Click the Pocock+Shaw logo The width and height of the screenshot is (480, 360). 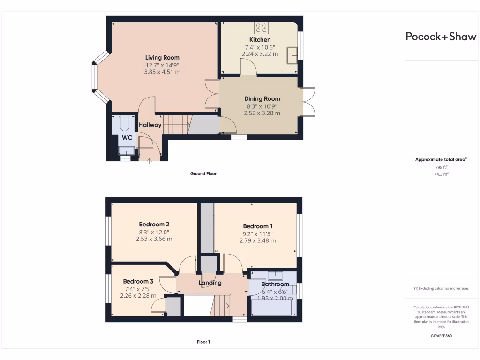441,37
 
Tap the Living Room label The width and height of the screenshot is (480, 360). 162,58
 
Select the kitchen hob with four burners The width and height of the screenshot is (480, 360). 261,27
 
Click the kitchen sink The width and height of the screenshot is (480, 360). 294,54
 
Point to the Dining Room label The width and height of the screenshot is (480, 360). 262,99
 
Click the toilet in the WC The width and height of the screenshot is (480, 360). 125,123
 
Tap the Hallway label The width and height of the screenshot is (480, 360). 150,125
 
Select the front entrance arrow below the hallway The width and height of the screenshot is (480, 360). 150,162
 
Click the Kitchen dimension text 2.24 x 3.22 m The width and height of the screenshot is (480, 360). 260,54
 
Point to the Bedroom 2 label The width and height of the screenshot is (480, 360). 154,224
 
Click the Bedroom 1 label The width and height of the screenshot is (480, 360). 258,226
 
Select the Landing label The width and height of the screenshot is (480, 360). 210,283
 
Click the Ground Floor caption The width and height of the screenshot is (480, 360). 203,173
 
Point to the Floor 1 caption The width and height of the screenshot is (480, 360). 203,342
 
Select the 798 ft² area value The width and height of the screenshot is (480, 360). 441,167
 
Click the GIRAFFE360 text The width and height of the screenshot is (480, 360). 441,336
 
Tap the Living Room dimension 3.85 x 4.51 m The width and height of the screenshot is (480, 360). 162,72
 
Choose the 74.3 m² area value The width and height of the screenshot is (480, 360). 441,174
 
